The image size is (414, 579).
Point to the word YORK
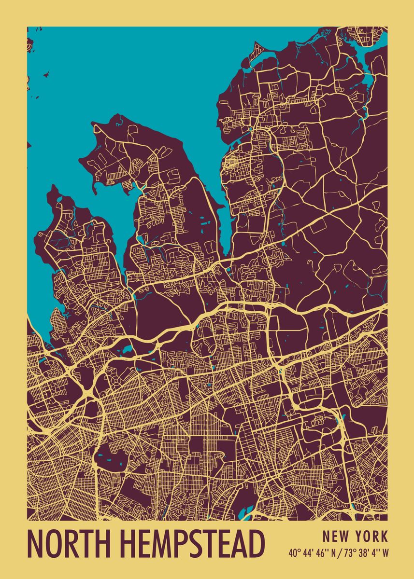pyautogui.click(x=371, y=536)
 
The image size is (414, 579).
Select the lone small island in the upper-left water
pyautogui.click(x=47, y=74)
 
